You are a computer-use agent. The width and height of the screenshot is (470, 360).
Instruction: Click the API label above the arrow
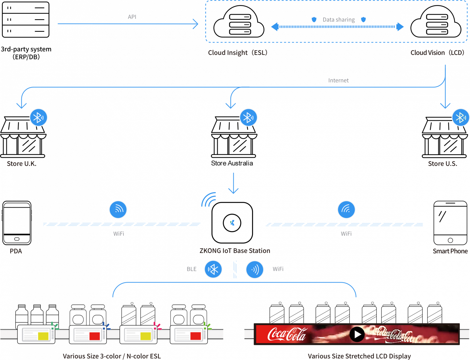pyautogui.click(x=132, y=17)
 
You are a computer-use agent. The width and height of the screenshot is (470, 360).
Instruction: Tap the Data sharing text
pyautogui.click(x=338, y=20)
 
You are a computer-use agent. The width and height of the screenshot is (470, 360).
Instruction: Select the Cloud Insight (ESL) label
pyautogui.click(x=238, y=53)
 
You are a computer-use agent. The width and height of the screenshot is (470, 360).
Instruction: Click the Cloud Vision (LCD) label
pyautogui.click(x=437, y=53)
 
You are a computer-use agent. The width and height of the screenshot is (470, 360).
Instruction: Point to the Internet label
pyautogui.click(x=338, y=80)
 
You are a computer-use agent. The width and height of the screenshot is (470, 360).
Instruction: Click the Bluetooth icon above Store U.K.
pyautogui.click(x=39, y=117)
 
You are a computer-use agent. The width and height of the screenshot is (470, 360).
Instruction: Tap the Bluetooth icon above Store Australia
pyautogui.click(x=248, y=117)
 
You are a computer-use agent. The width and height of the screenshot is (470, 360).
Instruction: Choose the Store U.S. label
pyautogui.click(x=442, y=163)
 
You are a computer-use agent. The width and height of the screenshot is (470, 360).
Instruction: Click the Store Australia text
pyautogui.click(x=232, y=163)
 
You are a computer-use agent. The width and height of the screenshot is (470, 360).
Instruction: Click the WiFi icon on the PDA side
pyautogui.click(x=118, y=209)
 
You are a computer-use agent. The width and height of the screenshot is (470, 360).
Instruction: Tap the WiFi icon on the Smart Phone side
pyautogui.click(x=346, y=209)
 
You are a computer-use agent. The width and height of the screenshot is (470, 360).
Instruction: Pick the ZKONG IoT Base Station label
pyautogui.click(x=235, y=251)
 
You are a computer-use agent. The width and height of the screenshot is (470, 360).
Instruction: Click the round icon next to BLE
pyautogui.click(x=213, y=269)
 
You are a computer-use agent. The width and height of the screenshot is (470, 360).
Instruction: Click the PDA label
pyautogui.click(x=16, y=251)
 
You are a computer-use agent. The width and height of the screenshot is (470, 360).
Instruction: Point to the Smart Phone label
pyautogui.click(x=450, y=251)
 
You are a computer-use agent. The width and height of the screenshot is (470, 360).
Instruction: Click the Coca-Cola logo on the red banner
pyautogui.click(x=287, y=334)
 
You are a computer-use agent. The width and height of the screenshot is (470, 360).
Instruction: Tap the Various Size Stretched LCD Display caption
pyautogui.click(x=359, y=356)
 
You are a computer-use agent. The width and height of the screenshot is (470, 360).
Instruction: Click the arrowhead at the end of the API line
pyautogui.click(x=196, y=24)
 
